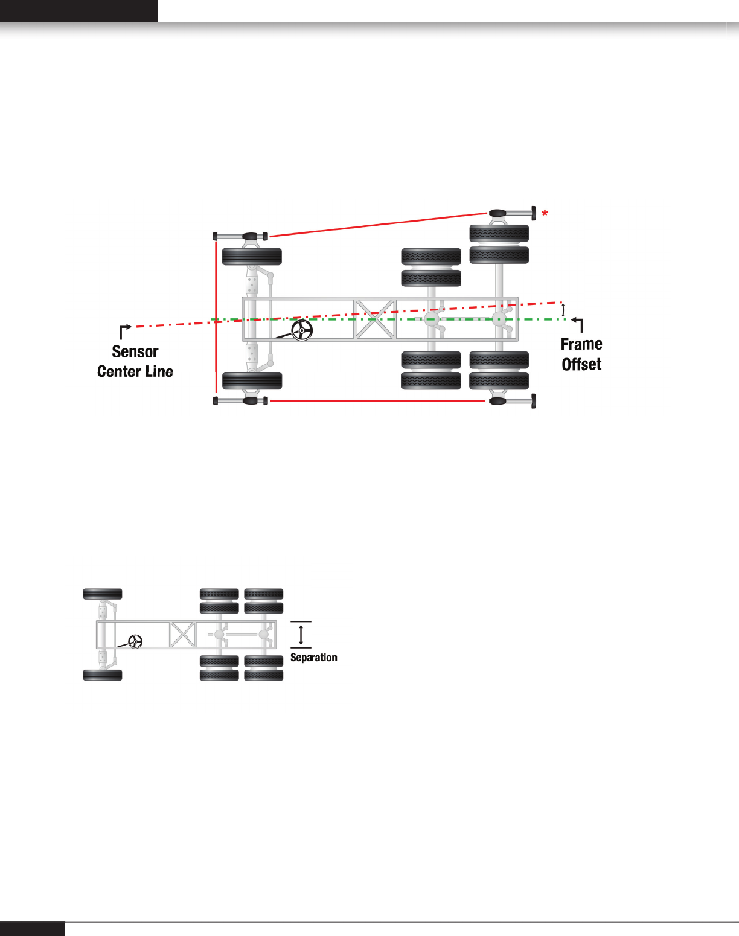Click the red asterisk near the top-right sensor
(545, 213)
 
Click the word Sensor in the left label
(135, 352)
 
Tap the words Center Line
(135, 371)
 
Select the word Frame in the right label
(581, 344)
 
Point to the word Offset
(581, 364)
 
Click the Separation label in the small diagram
(313, 658)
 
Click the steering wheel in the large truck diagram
(302, 330)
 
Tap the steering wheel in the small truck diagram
(135, 641)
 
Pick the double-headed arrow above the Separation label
(301, 635)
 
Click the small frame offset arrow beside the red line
(563, 310)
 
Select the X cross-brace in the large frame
(374, 319)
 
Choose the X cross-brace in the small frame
(182, 635)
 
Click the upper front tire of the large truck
(252, 257)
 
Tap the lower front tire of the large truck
(252, 381)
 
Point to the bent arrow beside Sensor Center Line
(125, 330)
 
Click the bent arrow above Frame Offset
(578, 324)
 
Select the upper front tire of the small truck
(103, 594)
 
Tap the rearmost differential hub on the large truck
(499, 319)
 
